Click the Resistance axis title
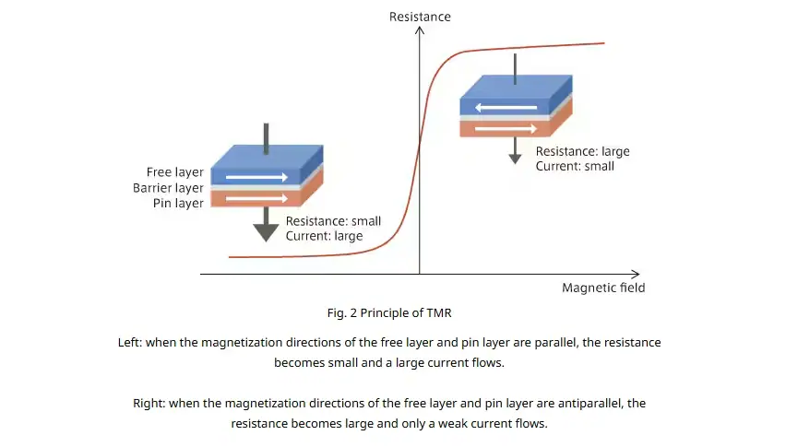click(x=420, y=17)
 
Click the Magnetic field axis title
click(x=603, y=288)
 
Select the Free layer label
click(x=175, y=172)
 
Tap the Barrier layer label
click(x=168, y=188)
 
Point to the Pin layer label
click(x=178, y=204)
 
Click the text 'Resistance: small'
click(x=333, y=221)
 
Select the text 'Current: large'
click(x=325, y=236)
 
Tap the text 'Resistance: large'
click(x=582, y=151)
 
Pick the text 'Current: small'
click(x=575, y=166)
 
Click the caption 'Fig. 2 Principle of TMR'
click(x=389, y=312)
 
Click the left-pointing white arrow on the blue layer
click(x=506, y=107)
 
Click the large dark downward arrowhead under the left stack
click(x=266, y=232)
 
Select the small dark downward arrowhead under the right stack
click(x=516, y=159)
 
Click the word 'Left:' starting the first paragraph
click(x=130, y=342)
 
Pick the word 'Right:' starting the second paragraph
click(x=149, y=403)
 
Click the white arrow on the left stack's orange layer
click(x=256, y=199)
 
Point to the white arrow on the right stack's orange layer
click(x=506, y=129)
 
